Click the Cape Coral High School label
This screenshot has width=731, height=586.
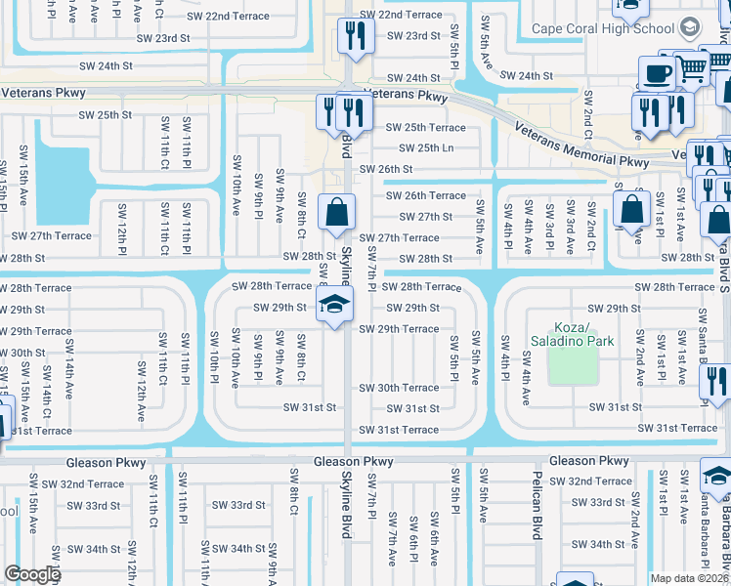pos(605,28)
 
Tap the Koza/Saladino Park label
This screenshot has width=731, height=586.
pos(572,335)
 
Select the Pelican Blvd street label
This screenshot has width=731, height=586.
pos(537,509)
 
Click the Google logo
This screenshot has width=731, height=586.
pos(32,573)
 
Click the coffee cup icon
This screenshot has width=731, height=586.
pos(656,72)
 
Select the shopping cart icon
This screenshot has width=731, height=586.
pos(693,67)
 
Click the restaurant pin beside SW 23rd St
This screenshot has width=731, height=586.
pos(353,37)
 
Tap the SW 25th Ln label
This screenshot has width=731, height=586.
pos(421,147)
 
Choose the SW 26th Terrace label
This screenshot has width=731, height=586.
pos(420,195)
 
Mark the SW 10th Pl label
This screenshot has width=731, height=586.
pos(213,355)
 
